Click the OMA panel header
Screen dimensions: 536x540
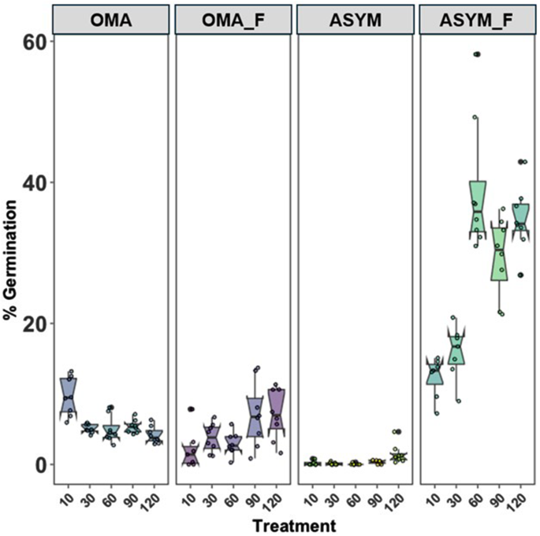pos(110,20)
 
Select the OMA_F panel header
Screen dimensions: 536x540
pos(233,20)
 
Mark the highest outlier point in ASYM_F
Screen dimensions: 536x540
pos(477,54)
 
